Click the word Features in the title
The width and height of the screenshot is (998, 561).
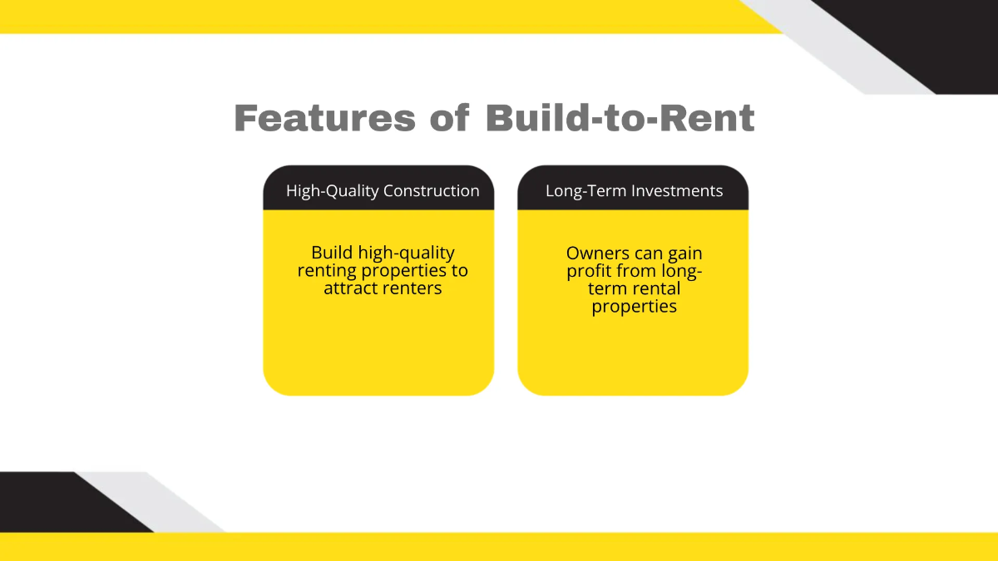point(324,118)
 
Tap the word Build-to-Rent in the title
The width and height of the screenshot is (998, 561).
point(620,118)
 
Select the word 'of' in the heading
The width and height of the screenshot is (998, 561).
point(449,118)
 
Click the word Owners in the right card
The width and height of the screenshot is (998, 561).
point(597,253)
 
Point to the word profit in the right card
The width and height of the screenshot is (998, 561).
point(590,271)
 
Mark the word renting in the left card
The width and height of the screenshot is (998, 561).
point(325,271)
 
